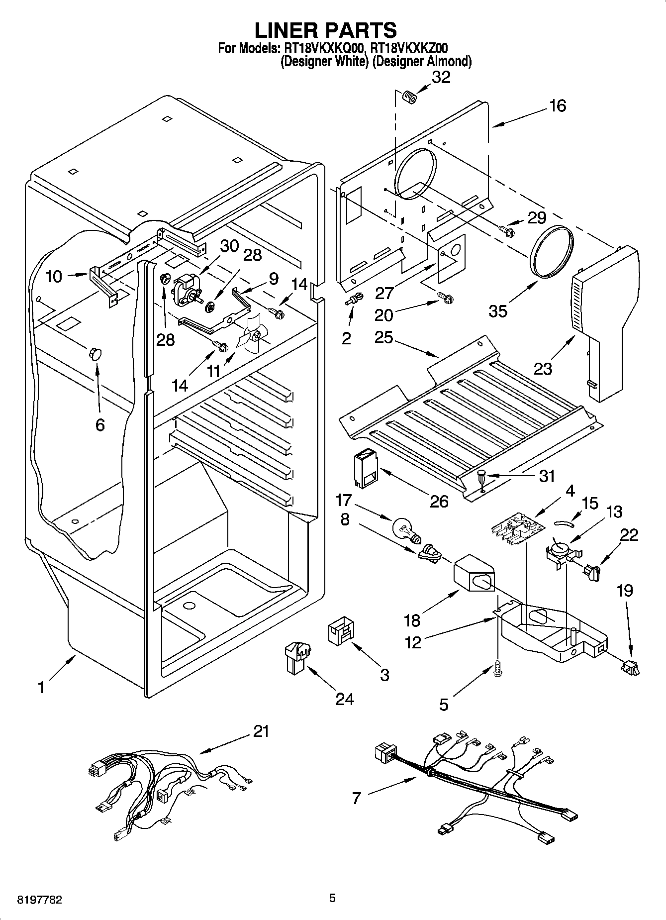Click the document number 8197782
click(33, 900)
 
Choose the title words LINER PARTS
click(326, 30)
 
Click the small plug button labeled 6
click(95, 354)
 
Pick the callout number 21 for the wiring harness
click(261, 731)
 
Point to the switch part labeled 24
click(296, 658)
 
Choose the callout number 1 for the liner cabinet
click(41, 688)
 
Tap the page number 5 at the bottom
click(332, 898)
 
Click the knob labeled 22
click(592, 572)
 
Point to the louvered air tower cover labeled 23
click(603, 318)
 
